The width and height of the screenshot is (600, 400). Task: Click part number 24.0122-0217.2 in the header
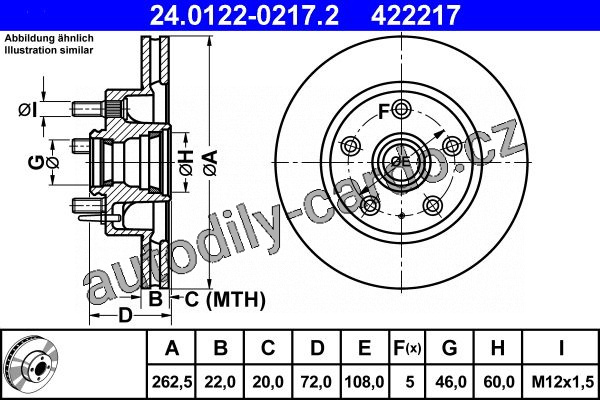coord(244,15)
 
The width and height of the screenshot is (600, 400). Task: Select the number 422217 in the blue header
coord(415,15)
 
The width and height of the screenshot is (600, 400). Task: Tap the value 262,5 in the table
coord(171,382)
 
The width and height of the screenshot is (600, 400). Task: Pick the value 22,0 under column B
coord(220,382)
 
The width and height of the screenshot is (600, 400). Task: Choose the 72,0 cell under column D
coord(316,382)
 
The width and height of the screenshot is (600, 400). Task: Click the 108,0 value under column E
coord(364,382)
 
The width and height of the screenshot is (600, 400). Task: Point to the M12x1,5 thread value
coord(562,382)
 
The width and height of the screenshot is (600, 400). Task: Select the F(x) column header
coord(407,348)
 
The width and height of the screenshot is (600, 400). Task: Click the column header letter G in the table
coord(450,348)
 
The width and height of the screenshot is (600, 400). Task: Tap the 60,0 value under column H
coord(498,382)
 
